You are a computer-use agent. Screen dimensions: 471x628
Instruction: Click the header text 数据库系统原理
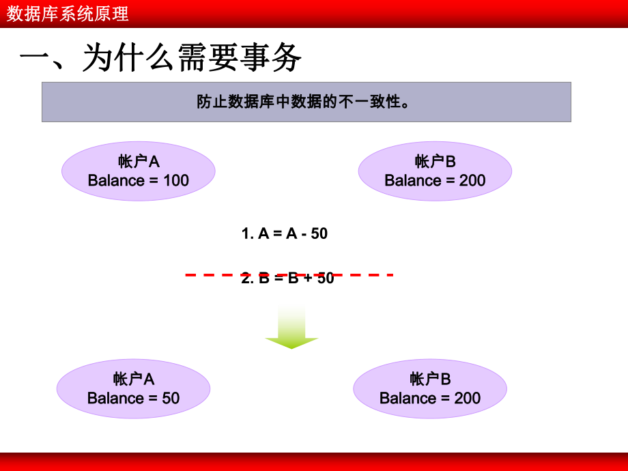[x=68, y=14]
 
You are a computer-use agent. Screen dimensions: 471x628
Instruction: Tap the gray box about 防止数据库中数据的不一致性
[x=306, y=102]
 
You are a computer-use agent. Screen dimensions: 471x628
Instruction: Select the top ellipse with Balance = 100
[x=139, y=171]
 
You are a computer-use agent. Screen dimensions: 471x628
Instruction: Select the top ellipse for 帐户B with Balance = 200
[x=435, y=171]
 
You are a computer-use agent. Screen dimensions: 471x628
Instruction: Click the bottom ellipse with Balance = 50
[x=133, y=388]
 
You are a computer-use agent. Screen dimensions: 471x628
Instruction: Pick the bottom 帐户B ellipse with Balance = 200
[x=430, y=388]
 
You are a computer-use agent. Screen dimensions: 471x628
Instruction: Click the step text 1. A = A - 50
[x=285, y=233]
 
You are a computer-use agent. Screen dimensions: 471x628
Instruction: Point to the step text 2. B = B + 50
[x=287, y=279]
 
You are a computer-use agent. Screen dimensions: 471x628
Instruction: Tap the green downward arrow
[x=291, y=328]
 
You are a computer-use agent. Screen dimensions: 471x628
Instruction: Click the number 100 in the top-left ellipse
[x=175, y=181]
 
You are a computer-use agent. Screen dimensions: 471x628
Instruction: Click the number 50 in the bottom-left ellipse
[x=171, y=398]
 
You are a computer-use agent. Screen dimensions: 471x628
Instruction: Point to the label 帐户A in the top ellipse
[x=139, y=161]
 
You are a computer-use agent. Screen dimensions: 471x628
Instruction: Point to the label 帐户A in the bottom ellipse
[x=134, y=379]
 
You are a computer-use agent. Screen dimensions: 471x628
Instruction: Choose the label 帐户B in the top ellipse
[x=435, y=161]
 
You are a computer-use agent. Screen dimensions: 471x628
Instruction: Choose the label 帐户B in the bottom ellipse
[x=430, y=379]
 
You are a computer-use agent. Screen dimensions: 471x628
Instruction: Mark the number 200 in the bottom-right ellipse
[x=467, y=398]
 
